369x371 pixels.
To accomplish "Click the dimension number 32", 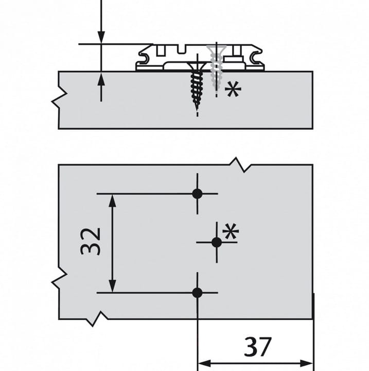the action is click(91, 242).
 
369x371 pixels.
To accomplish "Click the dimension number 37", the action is click(258, 347).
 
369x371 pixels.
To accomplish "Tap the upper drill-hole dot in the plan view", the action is click(198, 194).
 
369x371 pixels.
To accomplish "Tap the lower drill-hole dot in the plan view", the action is click(198, 293).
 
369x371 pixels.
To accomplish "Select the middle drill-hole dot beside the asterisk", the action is click(217, 242).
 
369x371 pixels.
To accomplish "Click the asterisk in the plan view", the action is click(231, 231).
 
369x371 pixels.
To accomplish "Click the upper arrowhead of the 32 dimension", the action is click(113, 201).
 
